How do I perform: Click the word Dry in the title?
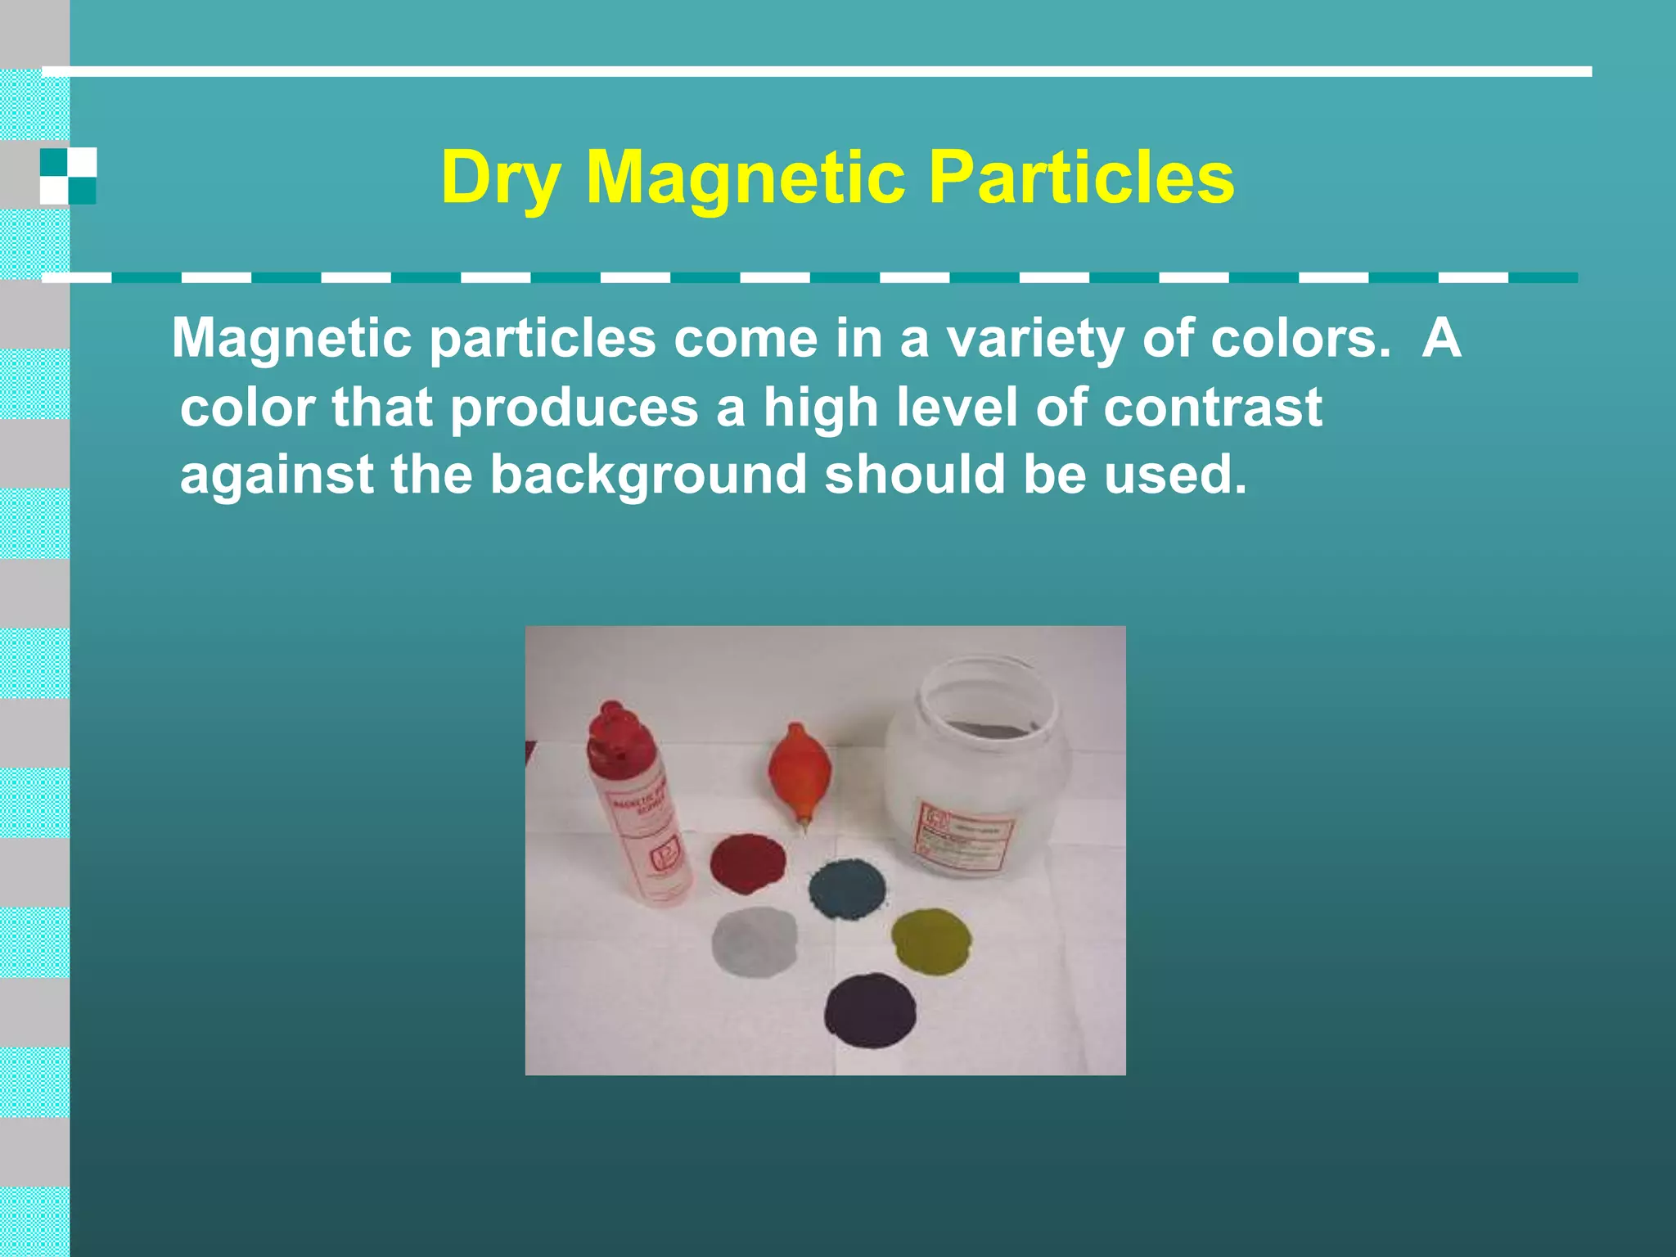tap(500, 178)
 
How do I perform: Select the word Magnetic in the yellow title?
tap(746, 178)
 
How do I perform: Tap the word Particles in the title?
tap(1081, 178)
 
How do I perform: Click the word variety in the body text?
tap(1035, 339)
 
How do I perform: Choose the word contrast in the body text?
tap(1212, 408)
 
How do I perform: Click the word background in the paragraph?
tap(648, 475)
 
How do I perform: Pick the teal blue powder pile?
tap(847, 889)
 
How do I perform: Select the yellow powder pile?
tap(931, 940)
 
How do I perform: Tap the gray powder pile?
tap(754, 941)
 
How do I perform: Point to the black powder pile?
tap(870, 1010)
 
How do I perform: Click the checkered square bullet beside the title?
tap(68, 176)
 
